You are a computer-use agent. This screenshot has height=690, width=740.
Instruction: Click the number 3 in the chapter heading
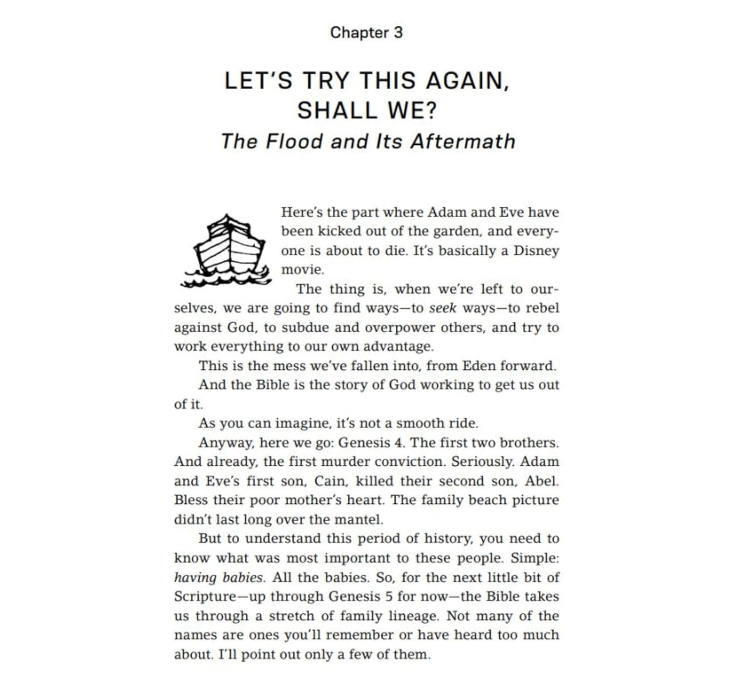tap(398, 33)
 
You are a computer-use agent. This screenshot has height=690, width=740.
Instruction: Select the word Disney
tap(536, 251)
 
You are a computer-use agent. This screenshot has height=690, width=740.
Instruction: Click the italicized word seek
tap(442, 308)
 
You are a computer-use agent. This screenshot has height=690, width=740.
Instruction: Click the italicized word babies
tap(243, 577)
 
